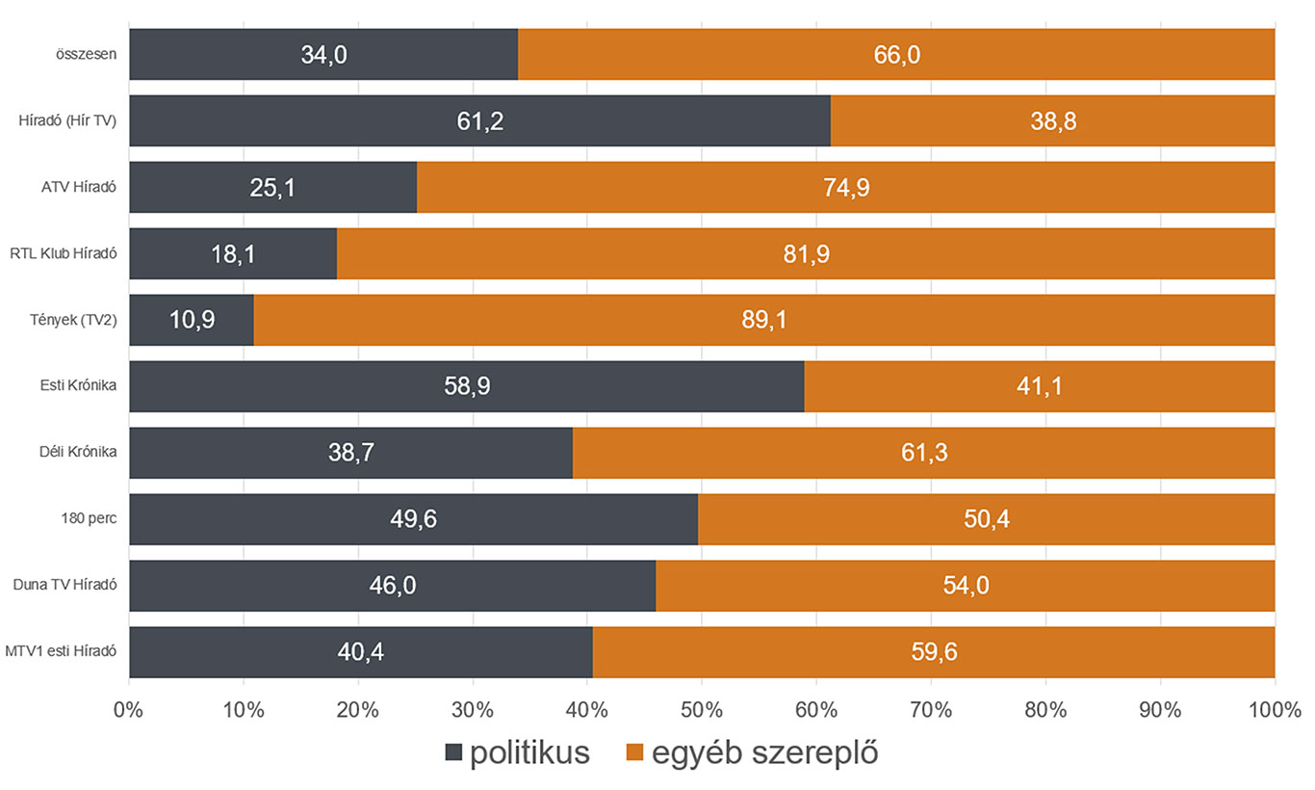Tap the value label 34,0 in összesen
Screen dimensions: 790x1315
323,55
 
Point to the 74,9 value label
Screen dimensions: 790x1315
846,188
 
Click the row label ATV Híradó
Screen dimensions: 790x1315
72,188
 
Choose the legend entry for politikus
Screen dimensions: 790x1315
517,752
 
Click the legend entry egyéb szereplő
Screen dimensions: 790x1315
752,752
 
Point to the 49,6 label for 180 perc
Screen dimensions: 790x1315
414,519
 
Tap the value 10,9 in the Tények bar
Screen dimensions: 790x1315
191,320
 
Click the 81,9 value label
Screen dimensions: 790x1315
806,254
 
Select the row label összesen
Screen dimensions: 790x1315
87,55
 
